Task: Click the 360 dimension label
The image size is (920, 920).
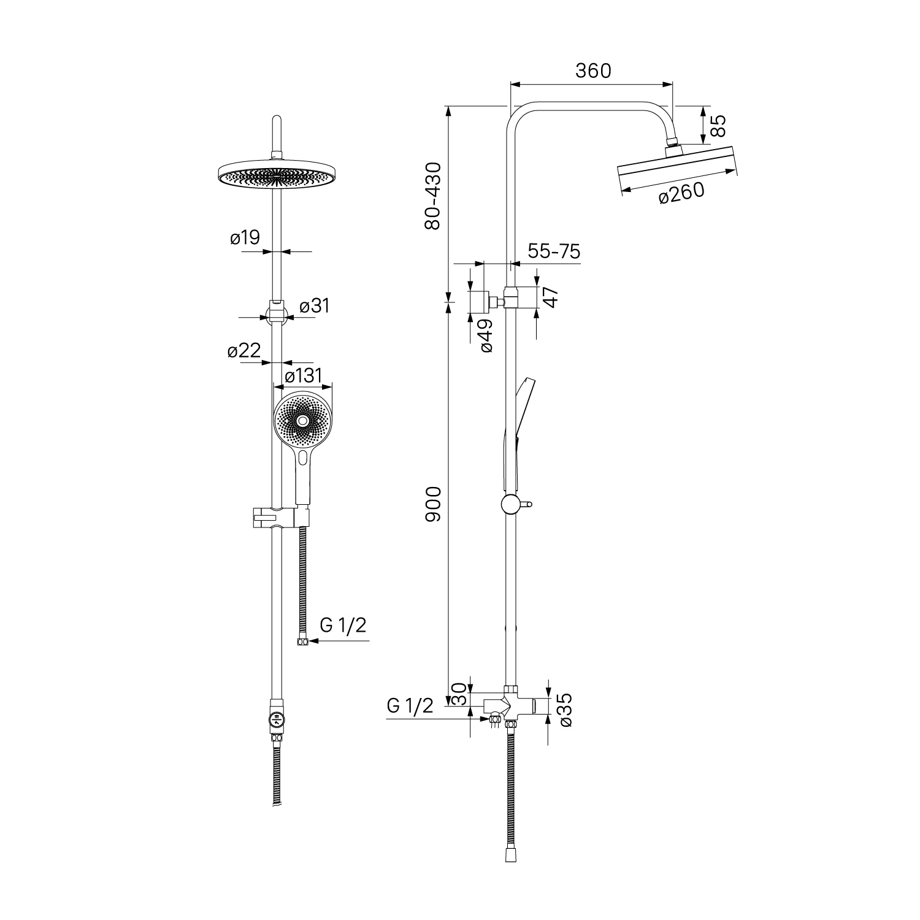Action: pos(593,71)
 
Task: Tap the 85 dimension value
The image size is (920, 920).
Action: pos(718,126)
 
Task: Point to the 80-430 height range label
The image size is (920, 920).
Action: pos(433,196)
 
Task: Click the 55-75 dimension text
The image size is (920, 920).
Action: pos(554,251)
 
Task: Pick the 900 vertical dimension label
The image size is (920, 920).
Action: pos(433,504)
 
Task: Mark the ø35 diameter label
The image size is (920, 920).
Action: pos(565,710)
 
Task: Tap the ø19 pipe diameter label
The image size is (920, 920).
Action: pos(245,237)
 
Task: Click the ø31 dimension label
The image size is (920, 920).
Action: pos(315,305)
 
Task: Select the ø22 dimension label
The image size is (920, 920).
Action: pos(244,351)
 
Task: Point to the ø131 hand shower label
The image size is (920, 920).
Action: pos(304,375)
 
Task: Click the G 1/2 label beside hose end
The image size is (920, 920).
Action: pos(343,625)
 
